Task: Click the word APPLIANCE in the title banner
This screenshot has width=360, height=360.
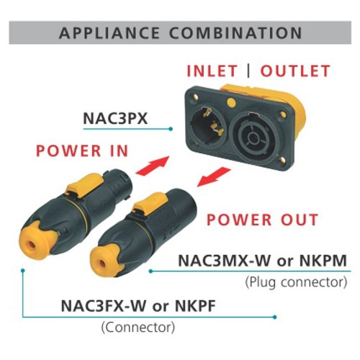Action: click(x=109, y=33)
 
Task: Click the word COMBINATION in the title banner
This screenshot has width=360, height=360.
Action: click(x=235, y=33)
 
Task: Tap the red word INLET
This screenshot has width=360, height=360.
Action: click(x=212, y=71)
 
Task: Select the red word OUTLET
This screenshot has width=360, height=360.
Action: click(x=295, y=71)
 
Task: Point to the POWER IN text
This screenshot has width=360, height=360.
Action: click(x=82, y=151)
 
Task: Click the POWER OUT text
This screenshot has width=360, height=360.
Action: click(x=263, y=220)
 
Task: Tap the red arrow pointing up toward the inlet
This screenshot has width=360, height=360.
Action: click(x=153, y=166)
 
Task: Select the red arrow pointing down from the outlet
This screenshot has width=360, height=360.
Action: click(x=214, y=177)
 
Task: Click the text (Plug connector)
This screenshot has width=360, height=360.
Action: click(x=296, y=282)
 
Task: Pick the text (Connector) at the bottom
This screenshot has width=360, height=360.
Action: click(x=138, y=327)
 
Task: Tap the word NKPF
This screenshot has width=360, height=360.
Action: click(x=195, y=306)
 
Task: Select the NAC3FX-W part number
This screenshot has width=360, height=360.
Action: click(x=104, y=306)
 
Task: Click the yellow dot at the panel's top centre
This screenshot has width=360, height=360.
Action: click(x=231, y=102)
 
